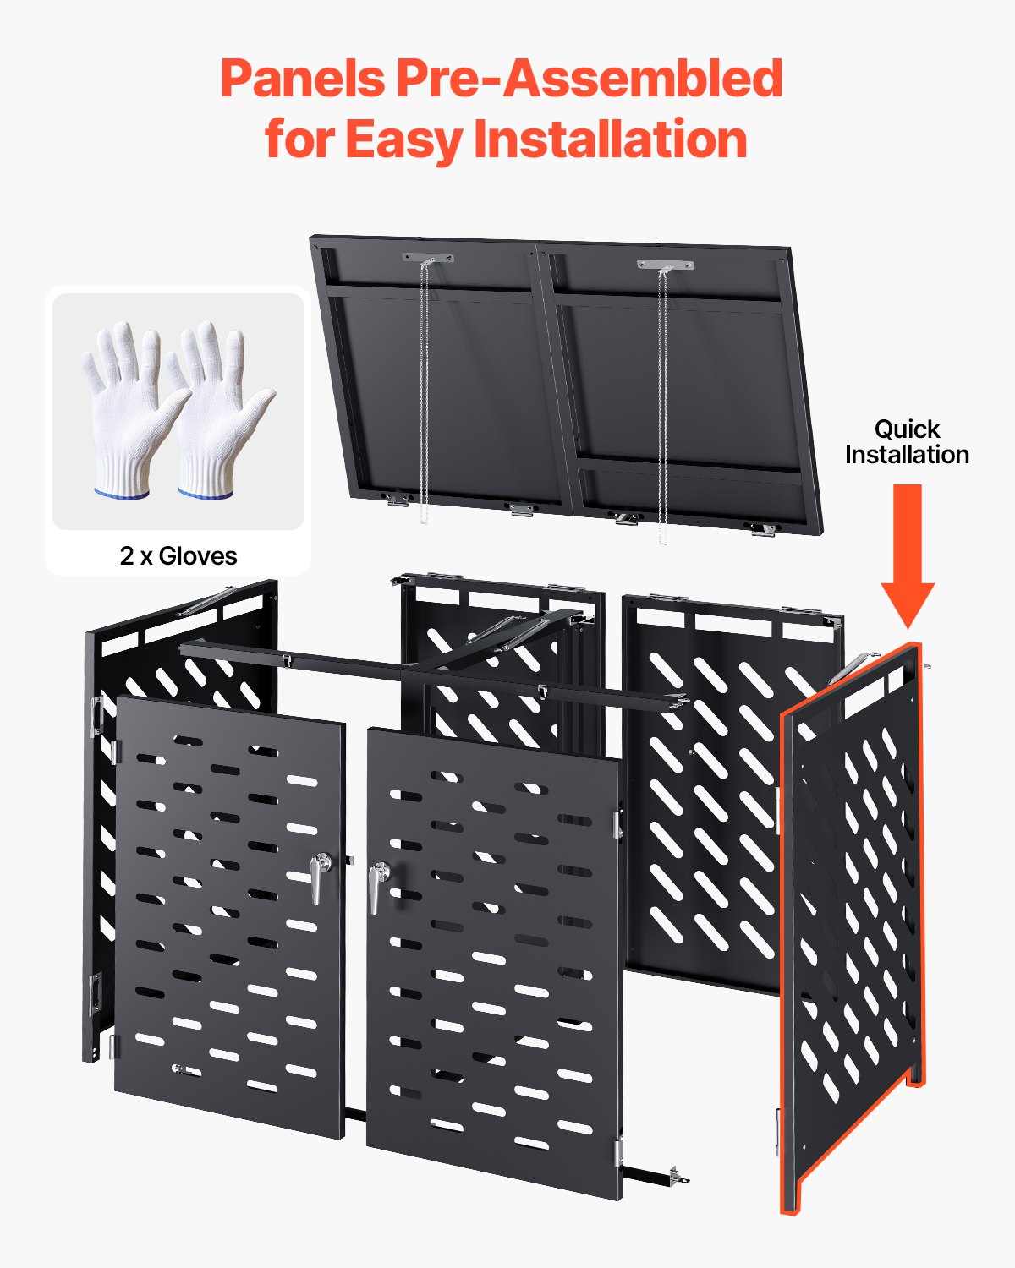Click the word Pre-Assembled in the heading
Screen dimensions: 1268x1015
589,79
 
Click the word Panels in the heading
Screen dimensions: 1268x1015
302,79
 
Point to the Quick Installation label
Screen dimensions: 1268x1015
907,441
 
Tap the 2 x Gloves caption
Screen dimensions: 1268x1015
178,555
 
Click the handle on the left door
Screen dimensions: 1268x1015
319,876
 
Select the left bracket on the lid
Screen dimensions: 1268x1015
428,258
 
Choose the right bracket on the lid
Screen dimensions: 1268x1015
665,265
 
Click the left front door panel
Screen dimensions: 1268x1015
228,913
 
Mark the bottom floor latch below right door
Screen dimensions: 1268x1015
677,1174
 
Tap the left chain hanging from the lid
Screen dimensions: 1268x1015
424,389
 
